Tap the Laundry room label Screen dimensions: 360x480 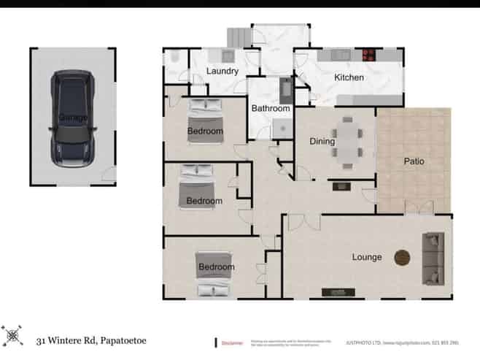(x=222, y=71)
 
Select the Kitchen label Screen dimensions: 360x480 (x=349, y=77)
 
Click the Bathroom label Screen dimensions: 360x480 (x=271, y=108)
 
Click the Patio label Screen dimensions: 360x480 (x=414, y=161)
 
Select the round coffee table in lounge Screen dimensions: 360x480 (x=403, y=257)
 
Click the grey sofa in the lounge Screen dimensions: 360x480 (x=434, y=258)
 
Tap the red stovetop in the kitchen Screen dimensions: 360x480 (x=369, y=54)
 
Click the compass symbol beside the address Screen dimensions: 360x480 (x=12, y=337)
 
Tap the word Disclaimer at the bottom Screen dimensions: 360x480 (x=233, y=342)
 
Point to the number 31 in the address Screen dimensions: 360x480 (x=42, y=340)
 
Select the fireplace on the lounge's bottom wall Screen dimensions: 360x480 (x=338, y=293)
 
